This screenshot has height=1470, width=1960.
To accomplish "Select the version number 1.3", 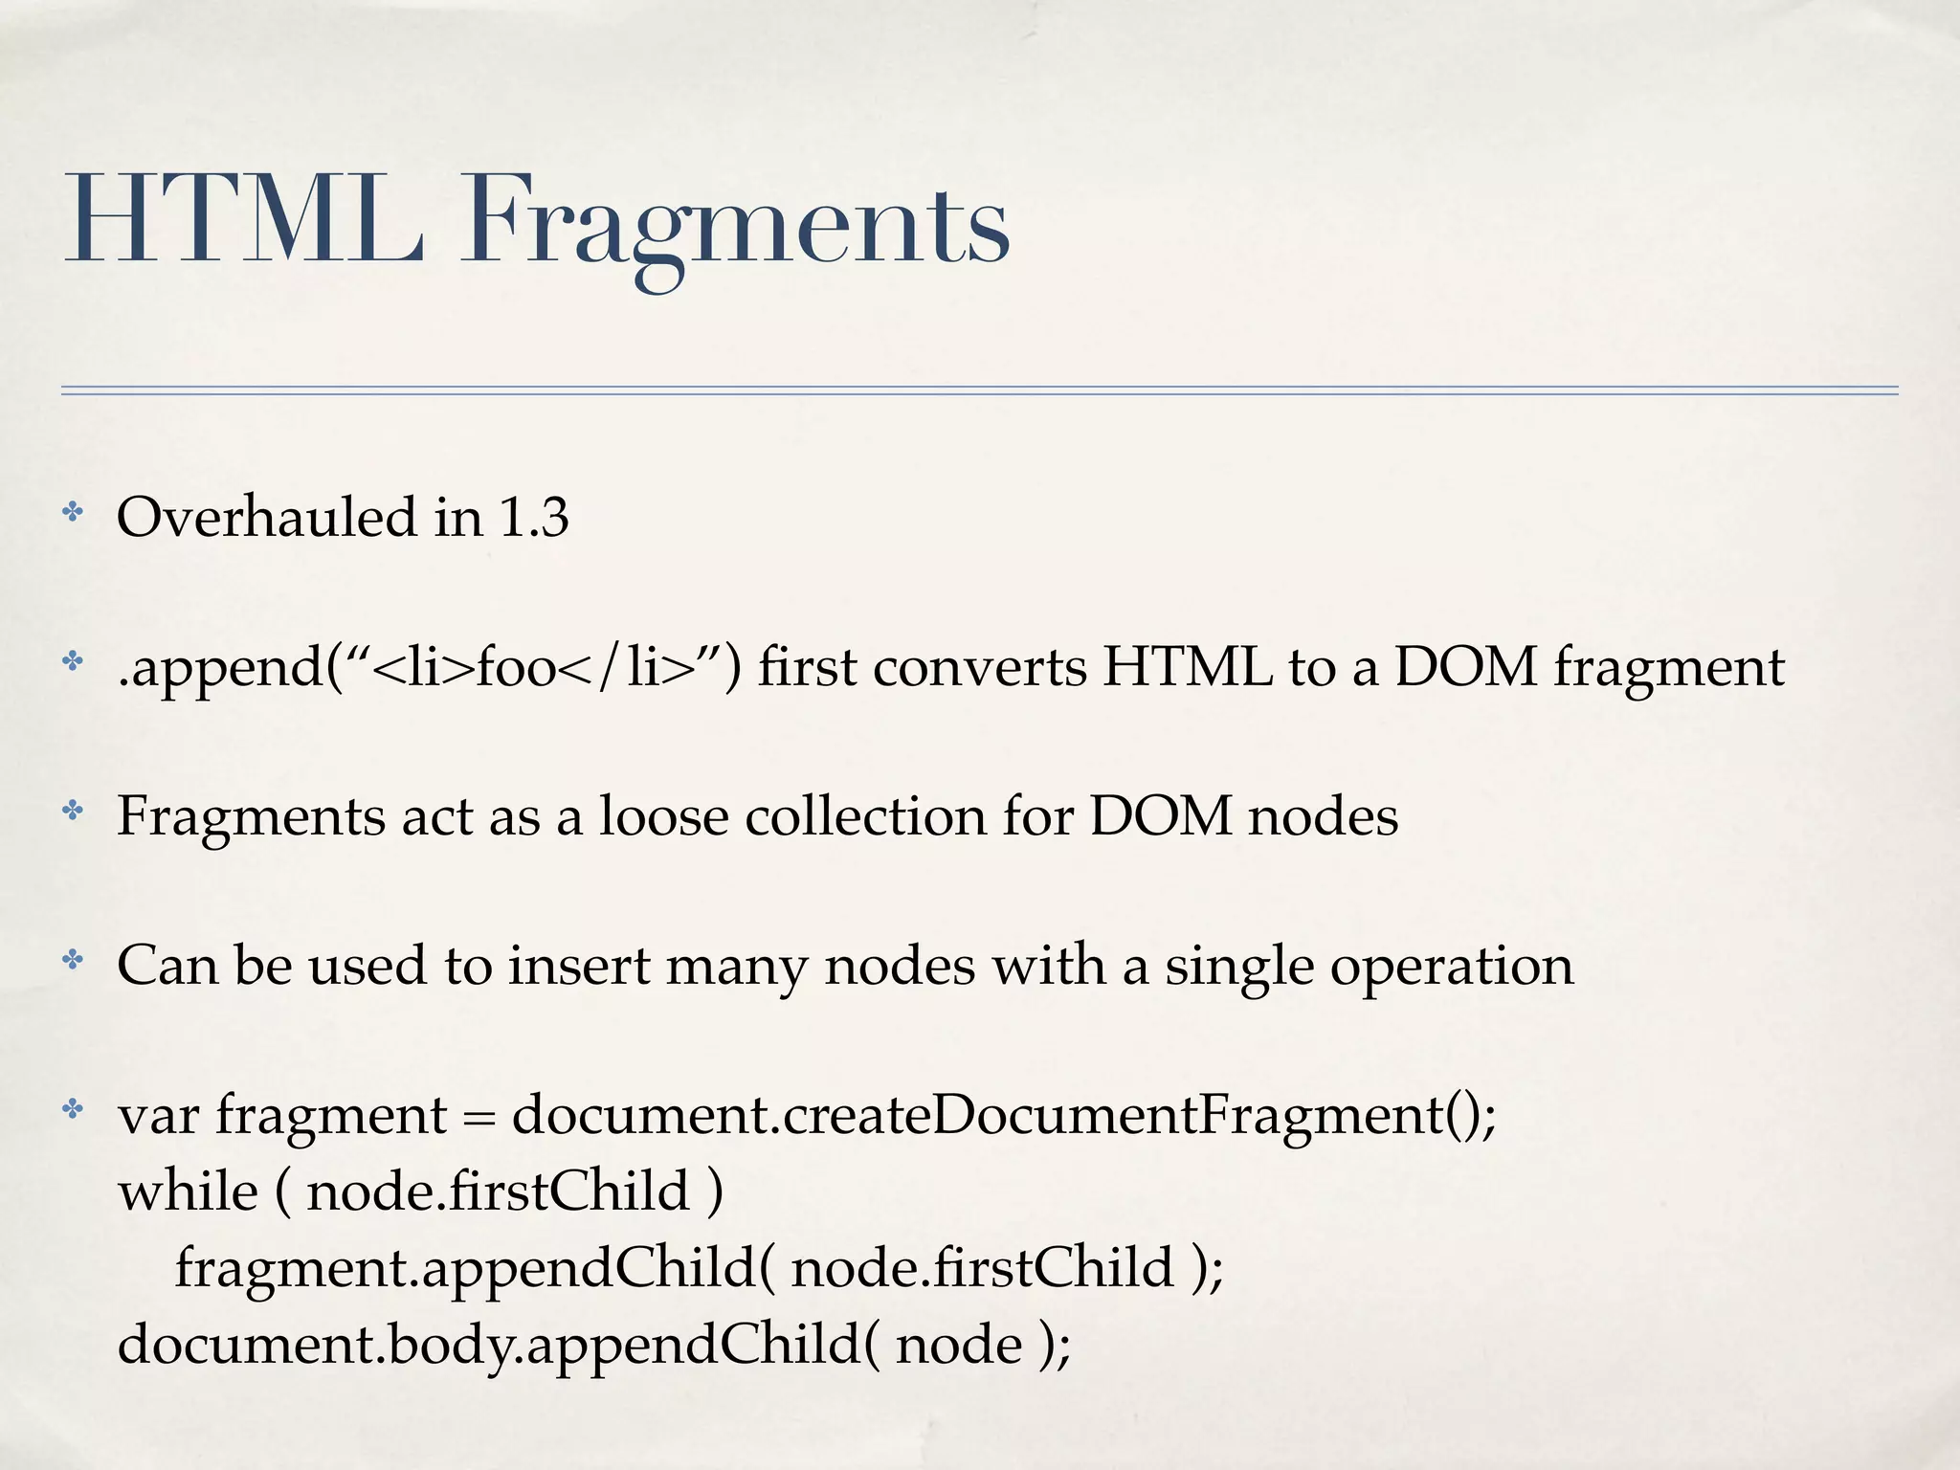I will click(534, 518).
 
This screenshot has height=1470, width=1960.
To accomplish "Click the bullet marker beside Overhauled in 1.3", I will click(73, 514).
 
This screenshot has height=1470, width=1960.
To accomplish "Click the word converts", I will click(979, 668).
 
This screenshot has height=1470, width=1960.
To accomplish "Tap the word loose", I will click(663, 816).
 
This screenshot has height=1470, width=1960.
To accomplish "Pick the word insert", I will click(579, 966).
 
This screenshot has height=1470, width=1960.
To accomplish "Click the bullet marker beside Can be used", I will click(73, 961).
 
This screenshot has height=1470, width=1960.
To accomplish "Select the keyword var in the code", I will click(158, 1117).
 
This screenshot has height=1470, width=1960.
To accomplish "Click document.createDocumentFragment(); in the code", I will click(1004, 1116).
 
